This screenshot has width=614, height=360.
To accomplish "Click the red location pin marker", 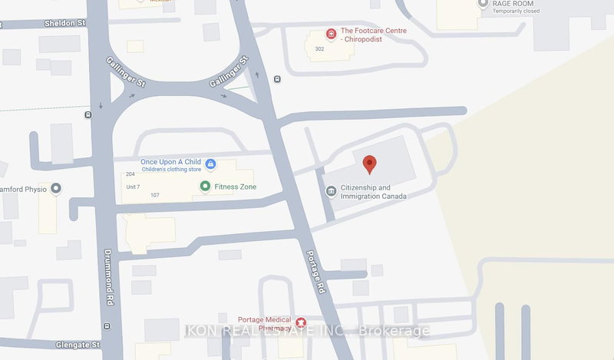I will [x=369, y=163].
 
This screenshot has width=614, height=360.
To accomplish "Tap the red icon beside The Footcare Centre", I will [x=331, y=34].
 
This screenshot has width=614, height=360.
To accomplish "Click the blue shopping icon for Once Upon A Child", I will [x=210, y=163].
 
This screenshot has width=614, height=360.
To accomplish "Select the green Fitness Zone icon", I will [x=205, y=187].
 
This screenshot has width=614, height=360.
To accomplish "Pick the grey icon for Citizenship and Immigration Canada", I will [x=331, y=192].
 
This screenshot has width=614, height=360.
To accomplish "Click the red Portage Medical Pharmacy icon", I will [x=302, y=322].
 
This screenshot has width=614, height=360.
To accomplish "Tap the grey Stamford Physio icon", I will [x=55, y=189].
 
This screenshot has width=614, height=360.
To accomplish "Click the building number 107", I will [x=154, y=195].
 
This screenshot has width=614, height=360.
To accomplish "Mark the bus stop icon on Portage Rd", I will [x=276, y=79].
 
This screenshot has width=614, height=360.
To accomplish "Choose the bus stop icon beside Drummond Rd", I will [x=87, y=116].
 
